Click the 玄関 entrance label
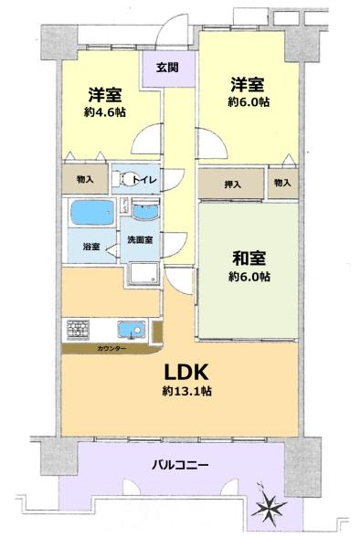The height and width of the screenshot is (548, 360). tap(167, 67)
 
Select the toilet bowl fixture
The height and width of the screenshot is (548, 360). tap(128, 180)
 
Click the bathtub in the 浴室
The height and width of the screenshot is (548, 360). tap(92, 213)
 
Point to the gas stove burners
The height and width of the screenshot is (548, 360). tap(78, 329)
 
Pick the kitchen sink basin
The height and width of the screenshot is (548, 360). tap(132, 329)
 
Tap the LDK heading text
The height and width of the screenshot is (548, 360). tap(186, 373)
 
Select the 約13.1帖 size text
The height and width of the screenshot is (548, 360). tap(187, 391)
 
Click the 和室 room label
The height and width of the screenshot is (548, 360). tap(249, 258)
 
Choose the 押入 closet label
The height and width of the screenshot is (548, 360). tap(232, 184)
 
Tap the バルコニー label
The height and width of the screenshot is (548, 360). tap(180, 465)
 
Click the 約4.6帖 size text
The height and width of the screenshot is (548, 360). tap(105, 112)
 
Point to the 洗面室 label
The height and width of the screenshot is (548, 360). tap(140, 239)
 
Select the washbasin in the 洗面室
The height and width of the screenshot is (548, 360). tap(146, 211)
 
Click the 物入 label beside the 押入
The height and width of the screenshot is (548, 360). tap(282, 183)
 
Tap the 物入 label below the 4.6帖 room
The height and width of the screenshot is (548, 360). tap(85, 180)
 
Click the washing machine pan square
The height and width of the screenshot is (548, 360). tap(143, 273)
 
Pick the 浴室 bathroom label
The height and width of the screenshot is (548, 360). tap(91, 247)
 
